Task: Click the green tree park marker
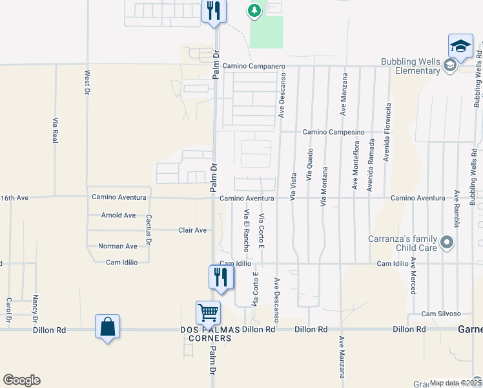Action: coord(255,10)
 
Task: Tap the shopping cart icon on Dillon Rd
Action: coord(209,313)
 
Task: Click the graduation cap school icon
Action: coord(461,46)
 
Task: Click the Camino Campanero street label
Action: coord(253,67)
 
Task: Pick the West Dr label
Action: coord(87,83)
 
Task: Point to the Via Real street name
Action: coord(56,129)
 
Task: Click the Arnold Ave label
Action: coord(118,215)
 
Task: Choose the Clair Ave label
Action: coord(192,230)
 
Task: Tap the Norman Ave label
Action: coord(118,246)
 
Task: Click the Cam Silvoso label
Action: coord(441,314)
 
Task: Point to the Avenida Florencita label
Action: coord(388,133)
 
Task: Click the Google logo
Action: coord(21,380)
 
